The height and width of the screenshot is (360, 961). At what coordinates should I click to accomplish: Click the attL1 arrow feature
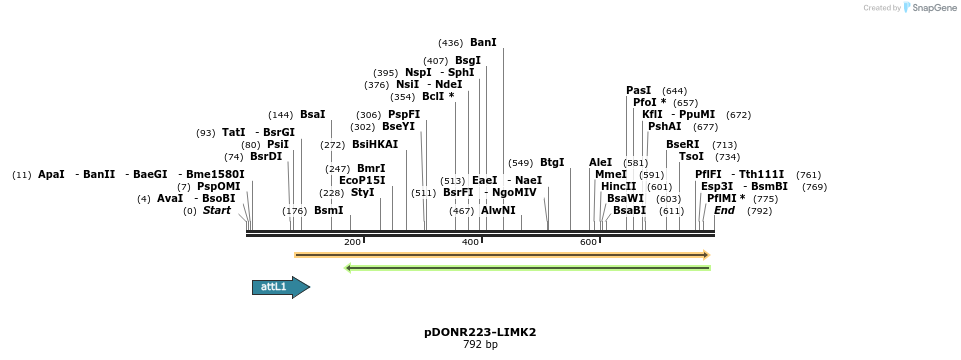tap(280, 288)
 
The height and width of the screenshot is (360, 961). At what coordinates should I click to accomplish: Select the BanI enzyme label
tap(483, 43)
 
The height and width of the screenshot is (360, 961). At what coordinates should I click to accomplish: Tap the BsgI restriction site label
tap(468, 61)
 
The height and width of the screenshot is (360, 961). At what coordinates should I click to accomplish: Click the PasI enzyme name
tap(638, 90)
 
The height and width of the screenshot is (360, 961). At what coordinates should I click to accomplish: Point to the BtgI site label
tap(552, 162)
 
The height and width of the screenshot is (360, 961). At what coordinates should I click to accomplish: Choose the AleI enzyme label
tap(600, 162)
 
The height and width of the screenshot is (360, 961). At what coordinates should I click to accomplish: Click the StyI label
tap(363, 192)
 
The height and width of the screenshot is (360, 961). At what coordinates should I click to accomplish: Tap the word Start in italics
tap(217, 210)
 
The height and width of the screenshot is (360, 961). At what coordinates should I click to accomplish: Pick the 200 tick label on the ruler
tap(352, 243)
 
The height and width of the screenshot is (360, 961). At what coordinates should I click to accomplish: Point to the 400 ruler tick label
tap(470, 243)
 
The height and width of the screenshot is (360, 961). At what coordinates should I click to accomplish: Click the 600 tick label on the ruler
tap(588, 243)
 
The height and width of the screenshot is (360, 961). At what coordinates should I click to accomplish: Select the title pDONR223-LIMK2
tap(487, 331)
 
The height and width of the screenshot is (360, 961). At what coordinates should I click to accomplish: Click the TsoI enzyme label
tap(691, 156)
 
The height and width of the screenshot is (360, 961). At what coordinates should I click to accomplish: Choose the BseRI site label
tap(683, 144)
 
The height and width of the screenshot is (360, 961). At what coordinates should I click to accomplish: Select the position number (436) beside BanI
tap(450, 43)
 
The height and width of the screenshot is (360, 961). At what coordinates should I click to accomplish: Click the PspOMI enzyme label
tap(218, 186)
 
